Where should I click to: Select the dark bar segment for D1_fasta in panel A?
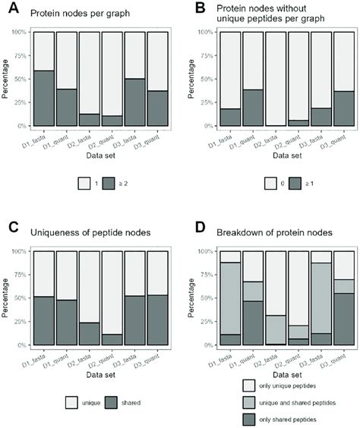[43, 98]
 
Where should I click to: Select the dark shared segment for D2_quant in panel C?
[112, 339]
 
